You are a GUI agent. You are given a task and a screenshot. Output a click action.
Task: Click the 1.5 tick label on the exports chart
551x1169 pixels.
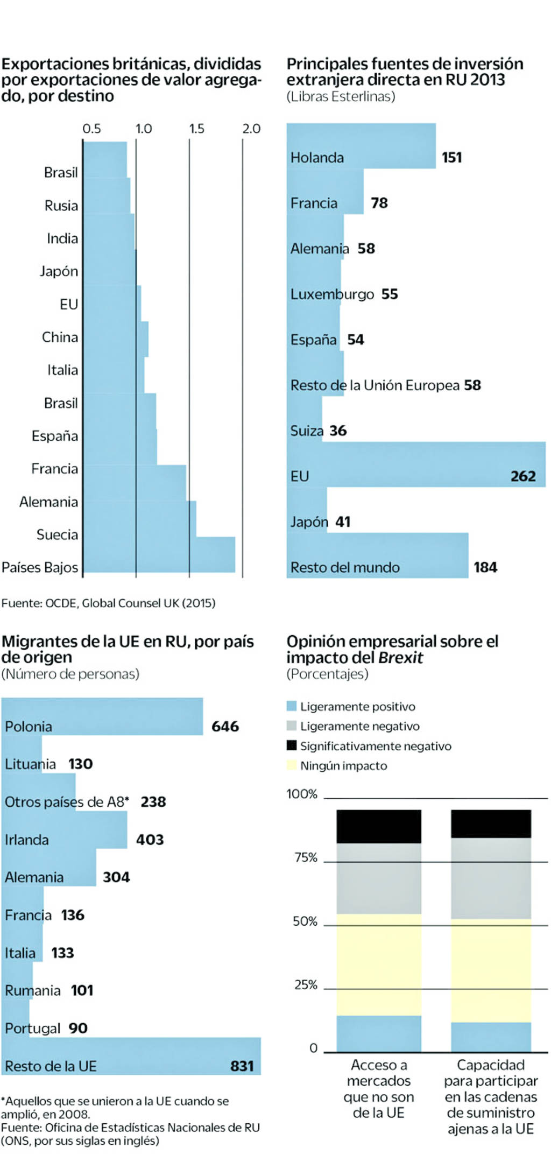click(x=196, y=129)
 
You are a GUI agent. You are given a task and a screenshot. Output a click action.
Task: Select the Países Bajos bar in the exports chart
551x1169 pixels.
click(x=159, y=555)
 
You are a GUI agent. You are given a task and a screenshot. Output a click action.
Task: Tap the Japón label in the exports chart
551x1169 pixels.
click(x=59, y=271)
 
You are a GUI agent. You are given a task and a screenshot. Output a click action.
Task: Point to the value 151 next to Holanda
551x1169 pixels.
click(x=451, y=157)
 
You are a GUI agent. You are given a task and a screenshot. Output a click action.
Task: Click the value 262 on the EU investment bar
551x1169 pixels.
click(x=522, y=476)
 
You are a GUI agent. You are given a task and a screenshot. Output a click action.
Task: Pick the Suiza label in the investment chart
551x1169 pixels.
click(x=307, y=431)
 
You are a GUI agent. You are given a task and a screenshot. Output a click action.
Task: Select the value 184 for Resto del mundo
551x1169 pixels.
click(x=485, y=567)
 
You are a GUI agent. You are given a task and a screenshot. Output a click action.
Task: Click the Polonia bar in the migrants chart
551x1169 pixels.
click(x=102, y=717)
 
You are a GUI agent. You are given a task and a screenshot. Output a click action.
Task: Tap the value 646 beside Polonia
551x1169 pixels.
click(x=225, y=727)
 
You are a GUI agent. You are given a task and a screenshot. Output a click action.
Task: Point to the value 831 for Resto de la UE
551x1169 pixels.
click(x=242, y=1066)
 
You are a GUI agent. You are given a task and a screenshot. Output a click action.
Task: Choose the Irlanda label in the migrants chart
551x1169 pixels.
click(x=26, y=840)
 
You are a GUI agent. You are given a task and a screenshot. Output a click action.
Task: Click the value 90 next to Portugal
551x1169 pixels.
click(x=78, y=1028)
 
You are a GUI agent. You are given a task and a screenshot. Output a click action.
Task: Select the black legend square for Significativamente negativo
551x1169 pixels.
click(x=292, y=745)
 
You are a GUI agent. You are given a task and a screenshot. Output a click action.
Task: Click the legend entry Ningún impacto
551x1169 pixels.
click(x=343, y=765)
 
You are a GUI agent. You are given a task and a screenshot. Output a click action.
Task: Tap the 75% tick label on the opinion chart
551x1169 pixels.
click(x=306, y=857)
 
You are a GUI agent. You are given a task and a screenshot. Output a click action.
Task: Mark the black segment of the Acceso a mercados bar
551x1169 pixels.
click(x=379, y=826)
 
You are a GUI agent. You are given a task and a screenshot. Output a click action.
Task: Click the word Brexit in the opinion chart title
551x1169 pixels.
click(x=400, y=657)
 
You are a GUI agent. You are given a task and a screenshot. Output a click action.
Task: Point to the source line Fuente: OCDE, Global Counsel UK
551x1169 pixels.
click(x=108, y=603)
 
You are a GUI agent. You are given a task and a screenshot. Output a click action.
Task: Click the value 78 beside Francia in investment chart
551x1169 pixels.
click(x=379, y=203)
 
